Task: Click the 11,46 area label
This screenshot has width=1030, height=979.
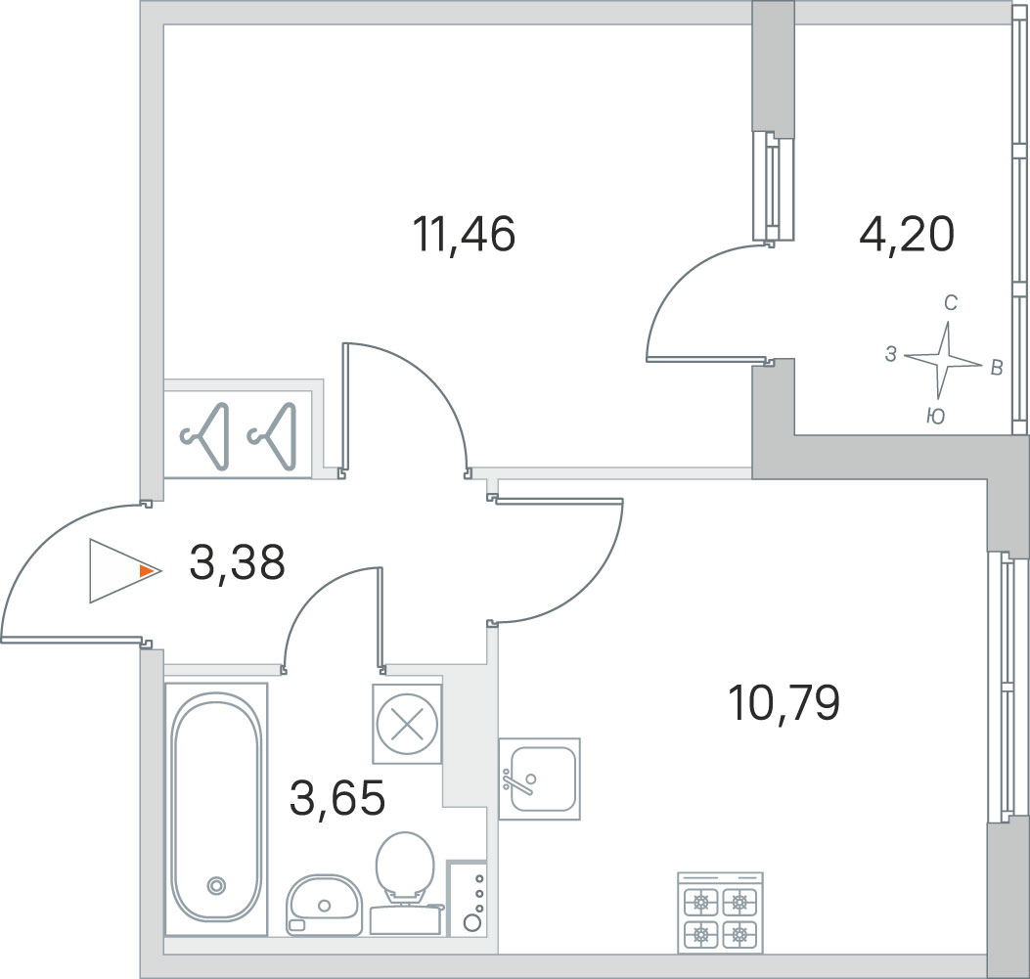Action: [x=464, y=235]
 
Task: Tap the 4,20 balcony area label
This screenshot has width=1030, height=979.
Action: [x=907, y=235]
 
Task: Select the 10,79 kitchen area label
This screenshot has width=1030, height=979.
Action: [x=784, y=702]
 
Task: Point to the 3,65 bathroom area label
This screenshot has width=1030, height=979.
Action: [x=337, y=798]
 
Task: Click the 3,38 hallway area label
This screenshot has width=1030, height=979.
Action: [x=237, y=563]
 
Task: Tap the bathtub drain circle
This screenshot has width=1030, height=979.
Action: [x=216, y=886]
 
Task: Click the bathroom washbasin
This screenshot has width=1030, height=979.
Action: [x=324, y=905]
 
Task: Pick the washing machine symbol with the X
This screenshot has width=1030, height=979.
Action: [x=407, y=725]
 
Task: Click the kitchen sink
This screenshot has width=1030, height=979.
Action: [x=539, y=779]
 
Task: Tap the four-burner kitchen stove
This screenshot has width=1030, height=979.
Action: [x=720, y=912]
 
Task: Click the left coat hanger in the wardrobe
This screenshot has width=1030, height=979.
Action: [x=205, y=436]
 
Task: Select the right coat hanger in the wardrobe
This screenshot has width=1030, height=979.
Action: [x=272, y=436]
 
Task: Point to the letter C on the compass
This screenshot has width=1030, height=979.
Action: [x=951, y=302]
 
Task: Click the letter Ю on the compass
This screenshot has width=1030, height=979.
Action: [x=935, y=417]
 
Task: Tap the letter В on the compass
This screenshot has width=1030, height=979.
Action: [x=997, y=368]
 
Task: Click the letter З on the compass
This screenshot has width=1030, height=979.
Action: [x=891, y=355]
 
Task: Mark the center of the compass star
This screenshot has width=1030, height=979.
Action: [x=944, y=359]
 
